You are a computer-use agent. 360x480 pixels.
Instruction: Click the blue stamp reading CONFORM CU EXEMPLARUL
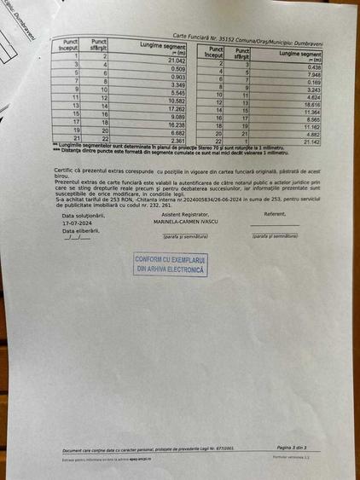(171, 264)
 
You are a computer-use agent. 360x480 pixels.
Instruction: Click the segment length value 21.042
(177, 61)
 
